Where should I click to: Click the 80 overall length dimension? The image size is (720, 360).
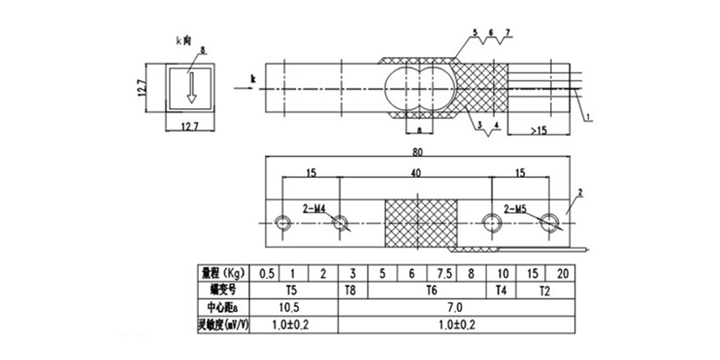(x=418, y=153)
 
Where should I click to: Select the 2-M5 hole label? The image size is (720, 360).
(x=517, y=209)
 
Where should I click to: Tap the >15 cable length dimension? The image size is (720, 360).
(x=539, y=131)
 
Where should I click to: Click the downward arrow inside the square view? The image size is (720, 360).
(x=190, y=88)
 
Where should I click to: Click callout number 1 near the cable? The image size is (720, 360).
(x=588, y=117)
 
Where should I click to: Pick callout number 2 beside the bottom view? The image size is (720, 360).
(x=580, y=193)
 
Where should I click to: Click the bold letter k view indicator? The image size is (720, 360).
(x=253, y=79)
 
